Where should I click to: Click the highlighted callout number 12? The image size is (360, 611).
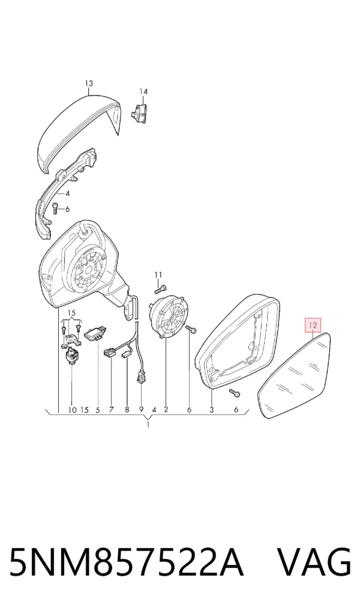tap(314, 324)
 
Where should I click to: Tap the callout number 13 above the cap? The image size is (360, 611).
tap(89, 83)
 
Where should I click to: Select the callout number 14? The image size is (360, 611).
tap(144, 92)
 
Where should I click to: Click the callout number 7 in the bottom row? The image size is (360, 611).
tap(112, 410)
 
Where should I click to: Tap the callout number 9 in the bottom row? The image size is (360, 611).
tap(142, 410)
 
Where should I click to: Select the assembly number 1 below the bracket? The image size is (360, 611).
tap(148, 425)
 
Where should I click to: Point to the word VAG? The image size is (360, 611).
tap(314, 562)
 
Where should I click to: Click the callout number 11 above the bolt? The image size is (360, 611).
tap(158, 275)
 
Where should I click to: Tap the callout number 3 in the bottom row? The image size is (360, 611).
tap(212, 410)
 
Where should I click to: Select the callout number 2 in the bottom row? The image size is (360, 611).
tap(166, 410)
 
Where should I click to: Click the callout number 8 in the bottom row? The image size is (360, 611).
tap(127, 410)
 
